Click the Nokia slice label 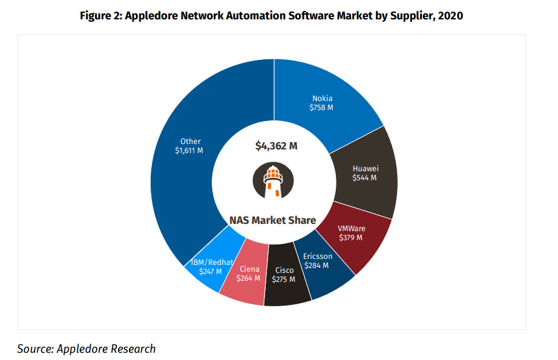(322, 99)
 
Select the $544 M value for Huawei (364, 178)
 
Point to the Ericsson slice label (317, 256)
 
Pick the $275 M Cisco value (284, 280)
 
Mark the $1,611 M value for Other (190, 151)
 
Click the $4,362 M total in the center (275, 145)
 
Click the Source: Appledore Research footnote (87, 349)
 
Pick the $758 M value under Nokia (322, 108)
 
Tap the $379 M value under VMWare (350, 237)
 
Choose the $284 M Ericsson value (317, 265)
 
